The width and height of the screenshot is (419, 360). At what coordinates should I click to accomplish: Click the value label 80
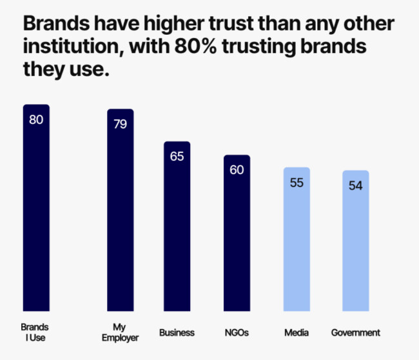(x=36, y=119)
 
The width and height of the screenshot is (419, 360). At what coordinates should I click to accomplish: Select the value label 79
(x=120, y=124)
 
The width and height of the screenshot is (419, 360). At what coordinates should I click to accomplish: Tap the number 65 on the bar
(x=177, y=156)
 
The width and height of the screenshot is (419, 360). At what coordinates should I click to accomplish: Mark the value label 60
(x=237, y=170)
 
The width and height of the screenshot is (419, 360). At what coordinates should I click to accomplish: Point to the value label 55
(x=297, y=183)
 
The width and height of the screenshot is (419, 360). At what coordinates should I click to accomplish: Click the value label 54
(x=355, y=186)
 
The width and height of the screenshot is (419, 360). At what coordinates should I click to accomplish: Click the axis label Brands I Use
(x=35, y=332)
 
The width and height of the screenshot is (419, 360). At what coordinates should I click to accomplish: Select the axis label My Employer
(x=120, y=332)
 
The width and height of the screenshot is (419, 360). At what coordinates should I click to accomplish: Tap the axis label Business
(x=177, y=333)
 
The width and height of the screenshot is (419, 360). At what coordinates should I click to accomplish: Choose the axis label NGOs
(x=237, y=333)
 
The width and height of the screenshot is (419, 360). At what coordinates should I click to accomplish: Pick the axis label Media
(x=297, y=333)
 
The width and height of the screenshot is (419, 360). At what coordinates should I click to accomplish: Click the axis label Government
(x=355, y=333)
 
